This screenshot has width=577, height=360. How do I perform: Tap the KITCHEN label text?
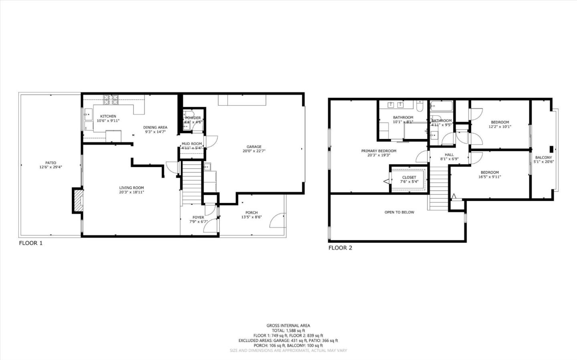[x=108, y=116]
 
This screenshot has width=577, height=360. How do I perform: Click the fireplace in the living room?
[x=77, y=201]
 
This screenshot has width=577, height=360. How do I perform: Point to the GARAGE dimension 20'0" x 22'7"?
[x=254, y=151]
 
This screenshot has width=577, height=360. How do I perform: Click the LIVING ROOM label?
[x=131, y=188]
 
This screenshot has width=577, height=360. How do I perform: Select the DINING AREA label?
[x=155, y=127]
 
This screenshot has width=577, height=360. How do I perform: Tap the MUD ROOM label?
[x=192, y=144]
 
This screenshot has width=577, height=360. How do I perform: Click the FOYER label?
[x=198, y=217]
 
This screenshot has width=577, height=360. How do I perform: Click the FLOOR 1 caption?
[x=30, y=243]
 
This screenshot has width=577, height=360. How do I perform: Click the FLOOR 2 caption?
[x=340, y=248]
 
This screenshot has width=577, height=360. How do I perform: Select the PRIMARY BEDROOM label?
[x=379, y=151]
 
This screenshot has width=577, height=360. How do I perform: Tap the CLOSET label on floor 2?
[x=409, y=177]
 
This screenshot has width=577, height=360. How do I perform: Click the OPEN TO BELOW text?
[x=399, y=212]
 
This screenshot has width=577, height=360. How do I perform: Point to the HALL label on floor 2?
[x=449, y=155]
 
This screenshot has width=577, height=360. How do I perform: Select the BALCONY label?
[x=543, y=157]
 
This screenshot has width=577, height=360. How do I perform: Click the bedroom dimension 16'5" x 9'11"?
[x=490, y=177]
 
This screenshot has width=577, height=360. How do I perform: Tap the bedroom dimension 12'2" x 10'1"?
[x=500, y=127]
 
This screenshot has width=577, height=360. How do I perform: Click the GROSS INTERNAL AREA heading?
[x=288, y=326]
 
